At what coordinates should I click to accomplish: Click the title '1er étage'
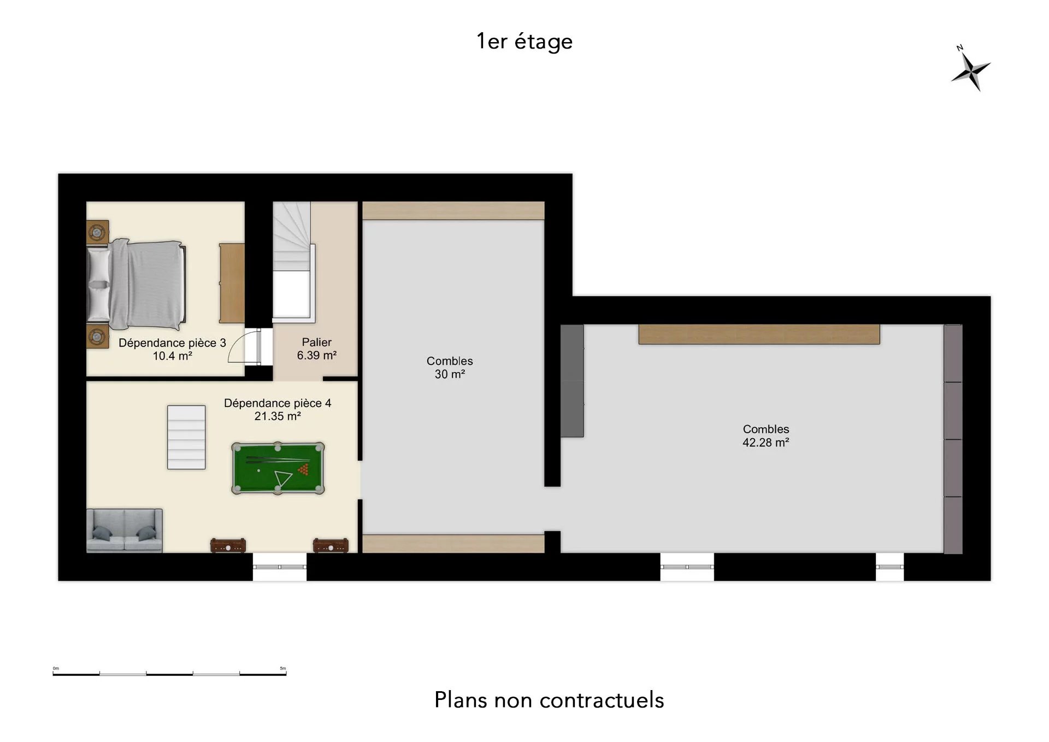coord(524,42)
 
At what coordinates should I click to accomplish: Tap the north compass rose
coord(970,70)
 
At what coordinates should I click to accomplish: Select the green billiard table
coord(278,468)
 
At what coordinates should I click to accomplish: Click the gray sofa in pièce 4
coord(125,531)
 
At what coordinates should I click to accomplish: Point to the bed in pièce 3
coord(137,285)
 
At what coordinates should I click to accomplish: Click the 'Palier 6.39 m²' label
coord(317,349)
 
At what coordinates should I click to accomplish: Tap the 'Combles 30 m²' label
coord(450,367)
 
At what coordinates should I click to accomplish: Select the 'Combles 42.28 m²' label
coord(765,435)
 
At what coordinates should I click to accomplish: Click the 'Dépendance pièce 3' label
coord(172,343)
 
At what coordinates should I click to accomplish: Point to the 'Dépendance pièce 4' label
coord(278,403)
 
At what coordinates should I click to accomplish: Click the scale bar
coord(169,673)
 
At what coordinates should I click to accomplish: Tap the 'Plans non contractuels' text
coord(549,700)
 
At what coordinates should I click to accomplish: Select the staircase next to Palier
coord(294,260)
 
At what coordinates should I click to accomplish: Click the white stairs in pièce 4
coord(186,437)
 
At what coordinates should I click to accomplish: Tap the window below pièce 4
coord(280,567)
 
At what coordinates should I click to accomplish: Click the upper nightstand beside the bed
coord(98,232)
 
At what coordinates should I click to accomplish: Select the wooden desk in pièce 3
coord(232,283)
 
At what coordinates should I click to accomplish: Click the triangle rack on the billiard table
coord(284,479)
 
